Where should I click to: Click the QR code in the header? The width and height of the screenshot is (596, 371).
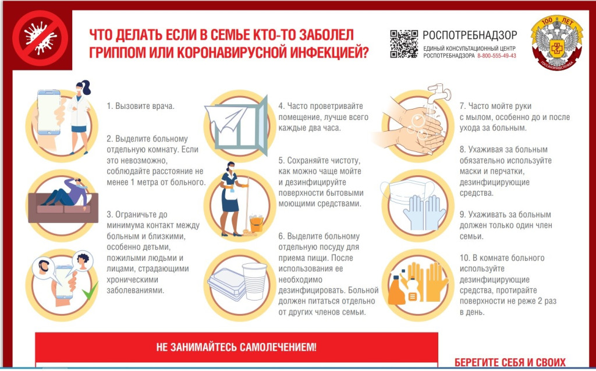click(x=404, y=44)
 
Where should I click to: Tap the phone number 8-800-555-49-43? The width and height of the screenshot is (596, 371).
click(x=497, y=55)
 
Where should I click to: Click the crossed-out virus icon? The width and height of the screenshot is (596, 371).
click(x=40, y=38)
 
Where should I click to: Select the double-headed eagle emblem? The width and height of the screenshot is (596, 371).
click(x=557, y=43)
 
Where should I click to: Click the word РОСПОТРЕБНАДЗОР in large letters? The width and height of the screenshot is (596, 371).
click(x=470, y=35)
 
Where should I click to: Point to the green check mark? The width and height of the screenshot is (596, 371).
click(x=90, y=291)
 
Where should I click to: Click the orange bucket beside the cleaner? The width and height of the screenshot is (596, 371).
click(x=256, y=224)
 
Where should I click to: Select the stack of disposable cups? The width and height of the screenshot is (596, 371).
click(x=254, y=281)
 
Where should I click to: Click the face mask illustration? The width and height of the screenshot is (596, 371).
click(x=407, y=192)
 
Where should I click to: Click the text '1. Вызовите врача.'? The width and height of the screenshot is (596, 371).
click(x=140, y=106)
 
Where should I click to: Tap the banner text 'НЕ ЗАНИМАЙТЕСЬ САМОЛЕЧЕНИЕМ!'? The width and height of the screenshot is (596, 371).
click(x=236, y=347)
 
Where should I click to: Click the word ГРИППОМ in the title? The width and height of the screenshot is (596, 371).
click(x=112, y=52)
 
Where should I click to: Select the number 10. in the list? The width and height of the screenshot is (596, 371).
click(x=464, y=258)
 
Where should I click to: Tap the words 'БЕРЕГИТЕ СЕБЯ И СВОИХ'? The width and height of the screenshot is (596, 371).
click(x=510, y=362)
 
